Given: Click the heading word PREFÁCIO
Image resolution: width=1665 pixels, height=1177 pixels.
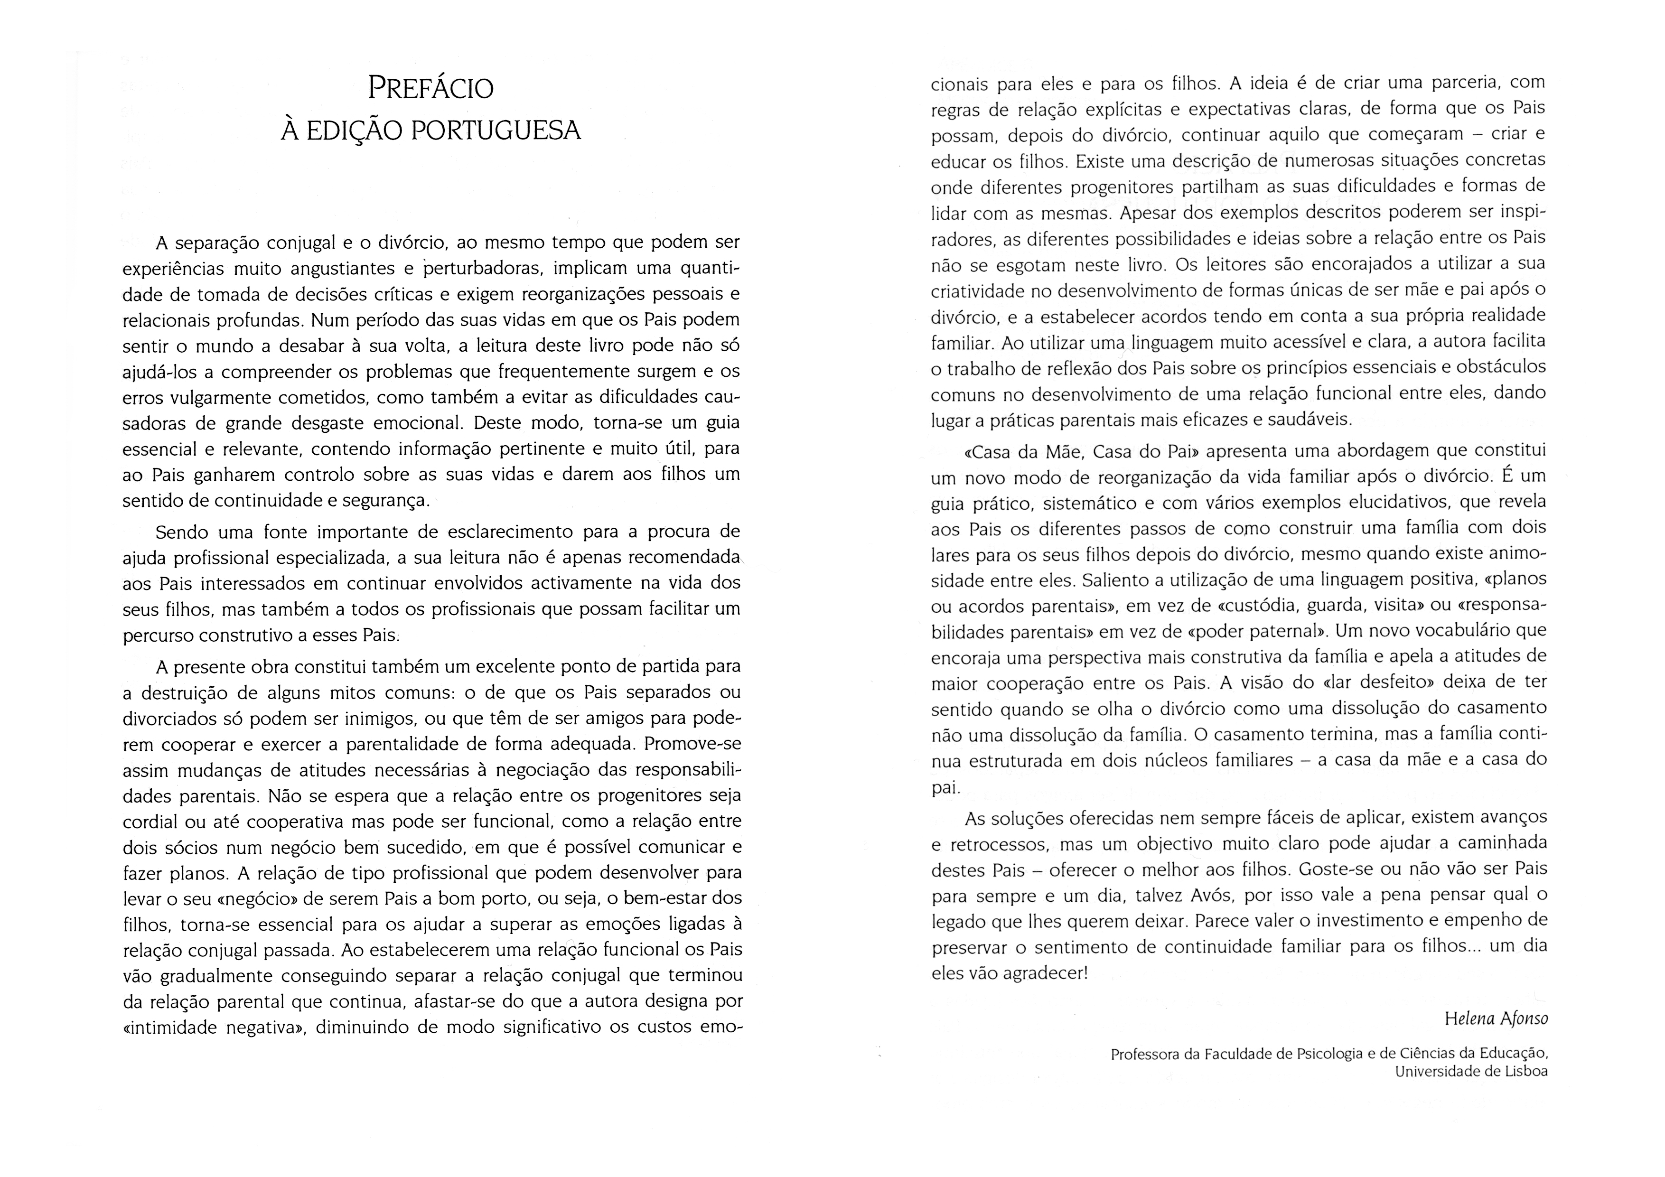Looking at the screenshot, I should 431,88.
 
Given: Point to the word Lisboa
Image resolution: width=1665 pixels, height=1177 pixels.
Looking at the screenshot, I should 1521,1072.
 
